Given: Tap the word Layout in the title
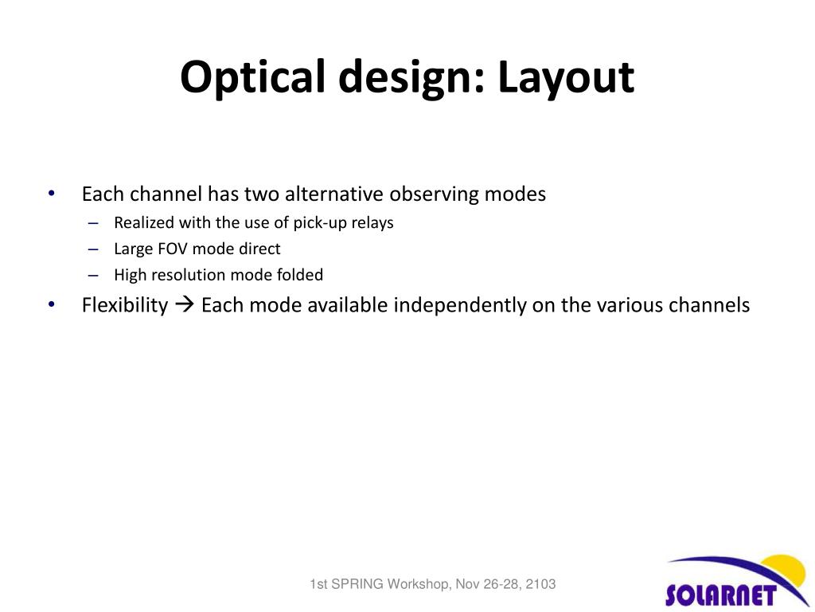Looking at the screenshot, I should coord(566,78).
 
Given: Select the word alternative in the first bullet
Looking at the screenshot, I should coord(335,194).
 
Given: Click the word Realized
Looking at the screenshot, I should coord(144,223).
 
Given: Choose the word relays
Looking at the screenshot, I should coord(372,223).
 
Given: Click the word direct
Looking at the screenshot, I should coord(259,249).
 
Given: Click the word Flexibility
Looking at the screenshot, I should coord(125,305).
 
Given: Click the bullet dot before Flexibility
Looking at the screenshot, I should coord(52,304).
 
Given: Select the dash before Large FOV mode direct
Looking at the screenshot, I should coord(94,249).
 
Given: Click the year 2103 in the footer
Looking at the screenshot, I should coord(540,585).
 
